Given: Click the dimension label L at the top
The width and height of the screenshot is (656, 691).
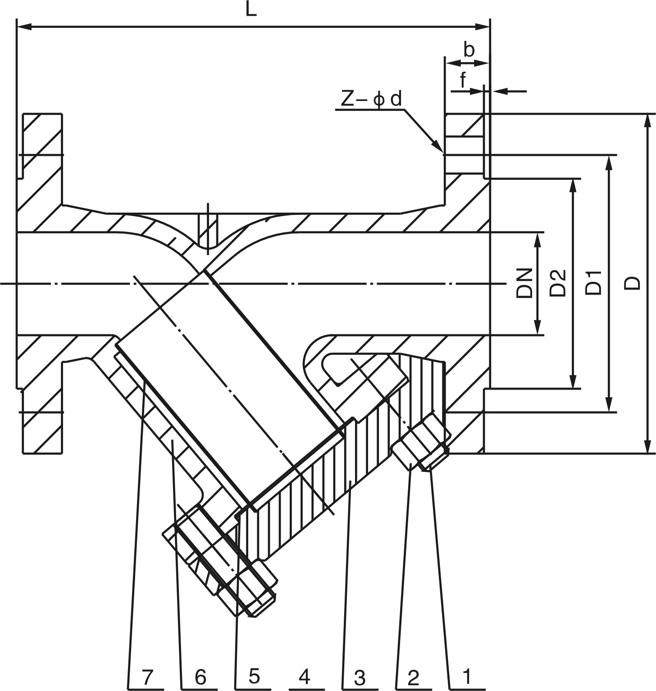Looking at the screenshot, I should click(x=251, y=10).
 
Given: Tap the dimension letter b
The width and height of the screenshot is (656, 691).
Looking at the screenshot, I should click(x=469, y=50).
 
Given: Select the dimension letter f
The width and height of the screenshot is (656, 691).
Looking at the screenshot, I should click(x=463, y=80).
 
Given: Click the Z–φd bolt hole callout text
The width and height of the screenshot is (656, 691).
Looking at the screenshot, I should click(x=370, y=100).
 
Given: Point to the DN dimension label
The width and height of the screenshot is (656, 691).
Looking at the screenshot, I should click(x=524, y=283).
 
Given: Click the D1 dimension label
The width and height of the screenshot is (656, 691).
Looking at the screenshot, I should click(x=594, y=283).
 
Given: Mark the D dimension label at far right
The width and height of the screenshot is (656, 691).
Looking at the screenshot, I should click(x=633, y=283).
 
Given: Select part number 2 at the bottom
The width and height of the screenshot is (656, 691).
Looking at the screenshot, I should click(x=413, y=677).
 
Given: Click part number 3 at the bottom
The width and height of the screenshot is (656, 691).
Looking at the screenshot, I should click(x=359, y=677).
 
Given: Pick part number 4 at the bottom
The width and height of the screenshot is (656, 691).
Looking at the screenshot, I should click(x=305, y=676).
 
